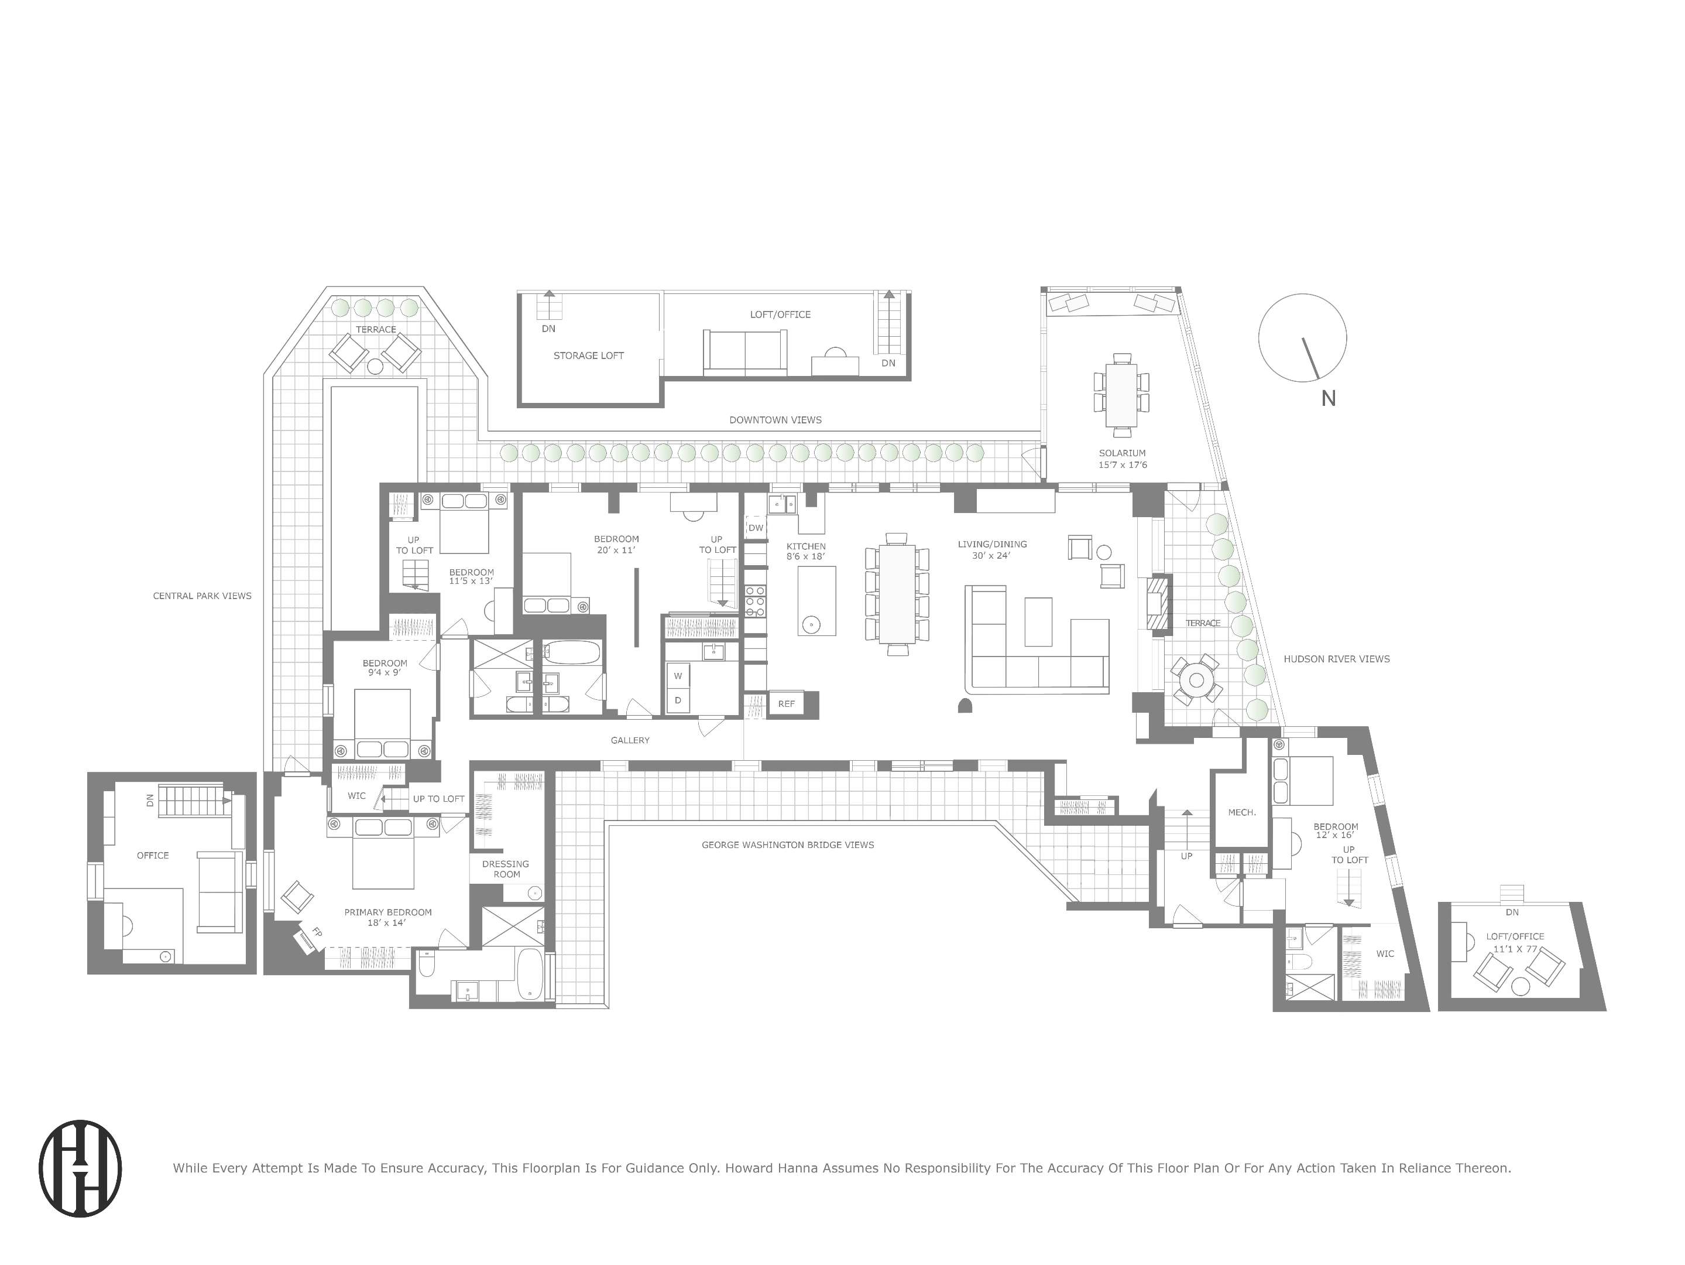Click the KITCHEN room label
pyautogui.click(x=806, y=546)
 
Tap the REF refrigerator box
pyautogui.click(x=786, y=703)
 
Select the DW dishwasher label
pyautogui.click(x=756, y=527)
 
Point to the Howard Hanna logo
pyautogui.click(x=80, y=1168)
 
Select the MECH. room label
pyautogui.click(x=1242, y=812)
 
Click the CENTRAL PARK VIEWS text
pyautogui.click(x=202, y=596)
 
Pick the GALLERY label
pyautogui.click(x=630, y=740)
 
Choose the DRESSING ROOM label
pyautogui.click(x=506, y=869)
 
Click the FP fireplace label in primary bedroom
pyautogui.click(x=317, y=932)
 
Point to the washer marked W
pyautogui.click(x=677, y=676)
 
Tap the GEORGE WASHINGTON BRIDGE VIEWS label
pyautogui.click(x=788, y=845)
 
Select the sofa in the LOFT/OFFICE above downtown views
pyautogui.click(x=745, y=353)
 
